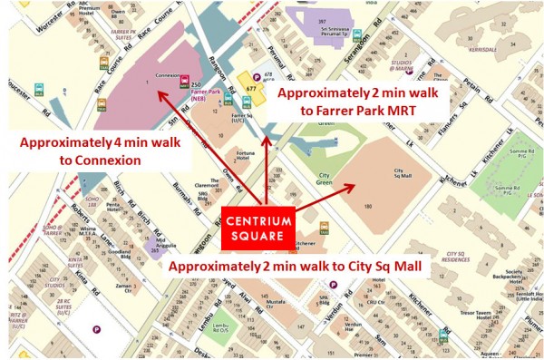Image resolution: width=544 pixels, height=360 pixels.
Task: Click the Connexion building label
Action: pos(168,75)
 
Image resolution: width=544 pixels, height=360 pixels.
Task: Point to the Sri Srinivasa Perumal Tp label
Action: pos(336,35)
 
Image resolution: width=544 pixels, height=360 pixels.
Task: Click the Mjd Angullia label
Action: pos(164,245)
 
